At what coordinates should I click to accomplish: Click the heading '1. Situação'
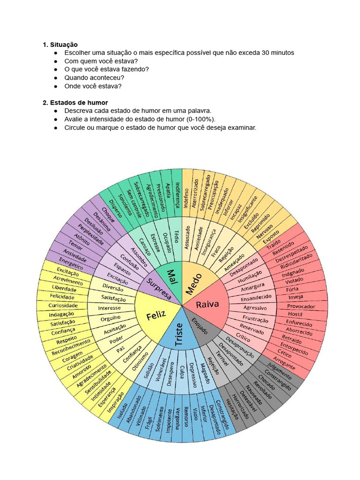(x=60, y=45)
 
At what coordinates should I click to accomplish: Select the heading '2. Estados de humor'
(x=75, y=103)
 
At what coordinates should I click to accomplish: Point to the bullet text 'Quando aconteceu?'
(x=94, y=78)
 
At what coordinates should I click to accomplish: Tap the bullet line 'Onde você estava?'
(x=93, y=86)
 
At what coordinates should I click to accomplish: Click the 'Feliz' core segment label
(x=156, y=316)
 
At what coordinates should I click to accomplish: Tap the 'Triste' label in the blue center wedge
(x=179, y=335)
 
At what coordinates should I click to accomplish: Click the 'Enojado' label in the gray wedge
(x=200, y=324)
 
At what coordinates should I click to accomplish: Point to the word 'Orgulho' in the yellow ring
(x=111, y=319)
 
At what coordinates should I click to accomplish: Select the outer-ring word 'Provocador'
(x=301, y=307)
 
